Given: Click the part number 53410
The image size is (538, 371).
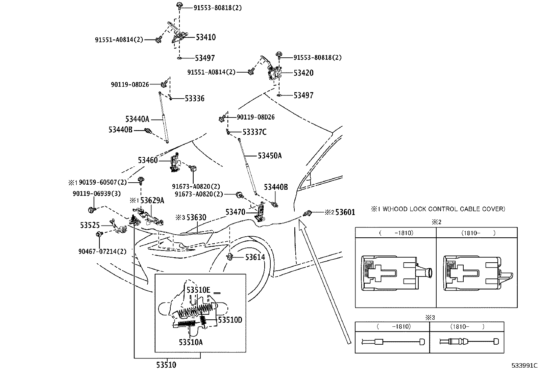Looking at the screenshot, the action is tap(206, 37).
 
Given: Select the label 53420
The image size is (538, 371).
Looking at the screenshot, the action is tap(303, 73).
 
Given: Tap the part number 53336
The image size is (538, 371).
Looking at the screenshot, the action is tap(195, 98).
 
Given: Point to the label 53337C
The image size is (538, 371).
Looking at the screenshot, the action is tap(254, 132).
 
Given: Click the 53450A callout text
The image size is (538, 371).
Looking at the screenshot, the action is tap(270, 156).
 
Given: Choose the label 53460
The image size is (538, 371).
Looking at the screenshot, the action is tap(148, 160).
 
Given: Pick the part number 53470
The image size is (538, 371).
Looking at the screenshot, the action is tap(235, 212).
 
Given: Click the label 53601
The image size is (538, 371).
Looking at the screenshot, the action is tap(345, 212).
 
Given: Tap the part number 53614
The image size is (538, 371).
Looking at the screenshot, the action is tap(255, 257).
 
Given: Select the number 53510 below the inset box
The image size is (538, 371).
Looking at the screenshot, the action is tap(166, 365).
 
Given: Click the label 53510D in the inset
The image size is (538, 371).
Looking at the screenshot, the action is tap(230, 320).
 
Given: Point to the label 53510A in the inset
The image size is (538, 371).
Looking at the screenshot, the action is tap(191, 342).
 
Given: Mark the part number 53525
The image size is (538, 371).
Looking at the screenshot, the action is tap(90, 226).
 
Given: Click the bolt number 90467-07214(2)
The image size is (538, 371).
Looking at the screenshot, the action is tap(102, 251).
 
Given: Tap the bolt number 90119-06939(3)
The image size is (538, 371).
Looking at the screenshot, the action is tap(97, 194).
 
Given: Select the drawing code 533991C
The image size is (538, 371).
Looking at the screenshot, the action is tap(524, 366).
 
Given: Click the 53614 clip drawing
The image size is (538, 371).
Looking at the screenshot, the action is tap(230, 257).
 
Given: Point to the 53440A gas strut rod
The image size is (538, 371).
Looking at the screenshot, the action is tap(163, 117).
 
